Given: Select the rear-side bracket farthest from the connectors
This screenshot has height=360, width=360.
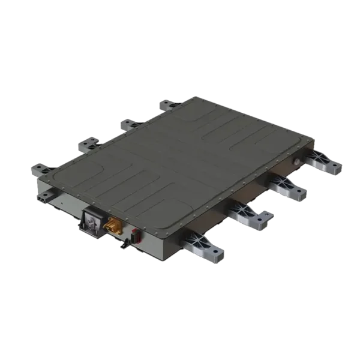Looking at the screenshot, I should tap(169, 107).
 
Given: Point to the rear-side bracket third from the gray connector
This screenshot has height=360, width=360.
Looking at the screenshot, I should tap(128, 125).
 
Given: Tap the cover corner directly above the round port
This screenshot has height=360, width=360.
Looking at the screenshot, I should tap(310, 139).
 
